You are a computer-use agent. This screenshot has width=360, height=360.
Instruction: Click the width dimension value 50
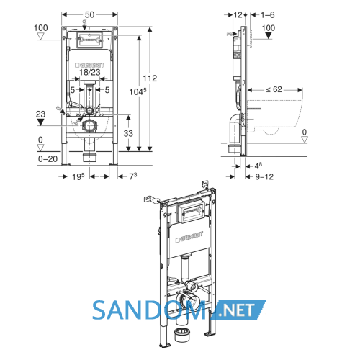pyautogui.click(x=89, y=14)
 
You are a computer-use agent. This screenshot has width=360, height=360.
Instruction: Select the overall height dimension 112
pyautogui.click(x=150, y=78)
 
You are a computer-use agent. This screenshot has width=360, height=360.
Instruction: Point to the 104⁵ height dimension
pyautogui.click(x=138, y=91)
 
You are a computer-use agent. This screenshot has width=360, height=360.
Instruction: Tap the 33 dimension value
pyautogui.click(x=128, y=133)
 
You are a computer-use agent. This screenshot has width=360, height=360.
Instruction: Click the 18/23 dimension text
pyautogui.click(x=90, y=72)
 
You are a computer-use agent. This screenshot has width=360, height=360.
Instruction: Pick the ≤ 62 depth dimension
pyautogui.click(x=274, y=89)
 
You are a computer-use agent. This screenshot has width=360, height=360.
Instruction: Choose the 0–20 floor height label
pyautogui.click(x=48, y=158)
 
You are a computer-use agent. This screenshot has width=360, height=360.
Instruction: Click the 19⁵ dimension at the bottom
pyautogui.click(x=78, y=176)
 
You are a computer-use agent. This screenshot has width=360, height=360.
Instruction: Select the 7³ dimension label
pyautogui.click(x=133, y=176)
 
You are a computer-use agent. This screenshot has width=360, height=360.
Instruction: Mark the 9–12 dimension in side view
pyautogui.click(x=264, y=177)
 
